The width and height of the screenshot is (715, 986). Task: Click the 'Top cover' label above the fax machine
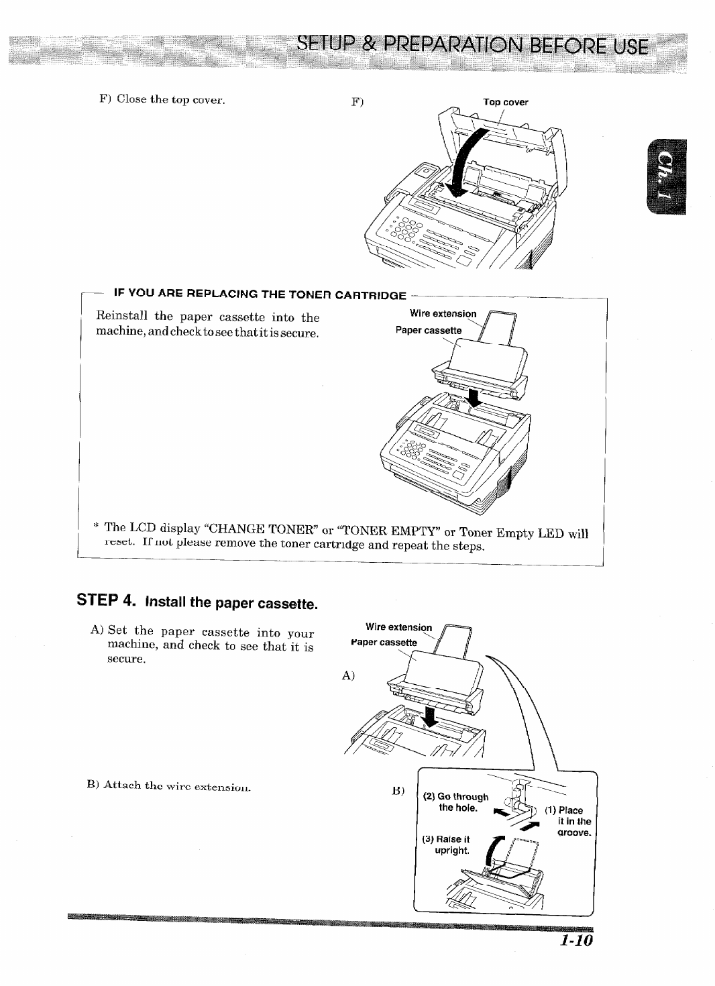[506, 103]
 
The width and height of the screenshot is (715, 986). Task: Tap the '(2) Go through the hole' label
[458, 802]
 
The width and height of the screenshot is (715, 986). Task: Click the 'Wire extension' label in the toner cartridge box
[443, 314]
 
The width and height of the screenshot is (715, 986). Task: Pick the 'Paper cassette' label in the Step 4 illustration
[383, 642]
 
